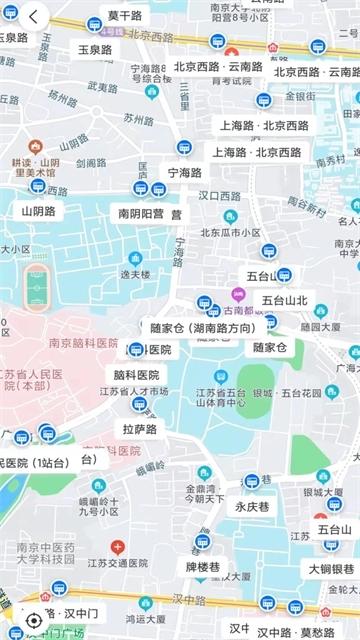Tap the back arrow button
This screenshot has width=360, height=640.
[33, 17]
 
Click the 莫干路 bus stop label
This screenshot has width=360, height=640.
[125, 16]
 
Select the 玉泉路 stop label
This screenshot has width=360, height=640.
[95, 49]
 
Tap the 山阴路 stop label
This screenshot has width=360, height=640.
[38, 211]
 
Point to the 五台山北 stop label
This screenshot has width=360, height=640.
[284, 299]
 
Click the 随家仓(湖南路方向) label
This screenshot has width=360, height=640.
[201, 328]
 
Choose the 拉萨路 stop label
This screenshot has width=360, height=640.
[140, 429]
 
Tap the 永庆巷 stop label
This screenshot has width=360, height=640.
[252, 506]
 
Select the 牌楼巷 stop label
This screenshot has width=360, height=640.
[203, 567]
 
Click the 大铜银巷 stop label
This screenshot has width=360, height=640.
[331, 569]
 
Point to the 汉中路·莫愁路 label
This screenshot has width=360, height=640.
[295, 632]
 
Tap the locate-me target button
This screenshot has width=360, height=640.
[34, 620]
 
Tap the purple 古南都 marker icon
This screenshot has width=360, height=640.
[238, 294]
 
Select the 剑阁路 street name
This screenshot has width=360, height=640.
[91, 162]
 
